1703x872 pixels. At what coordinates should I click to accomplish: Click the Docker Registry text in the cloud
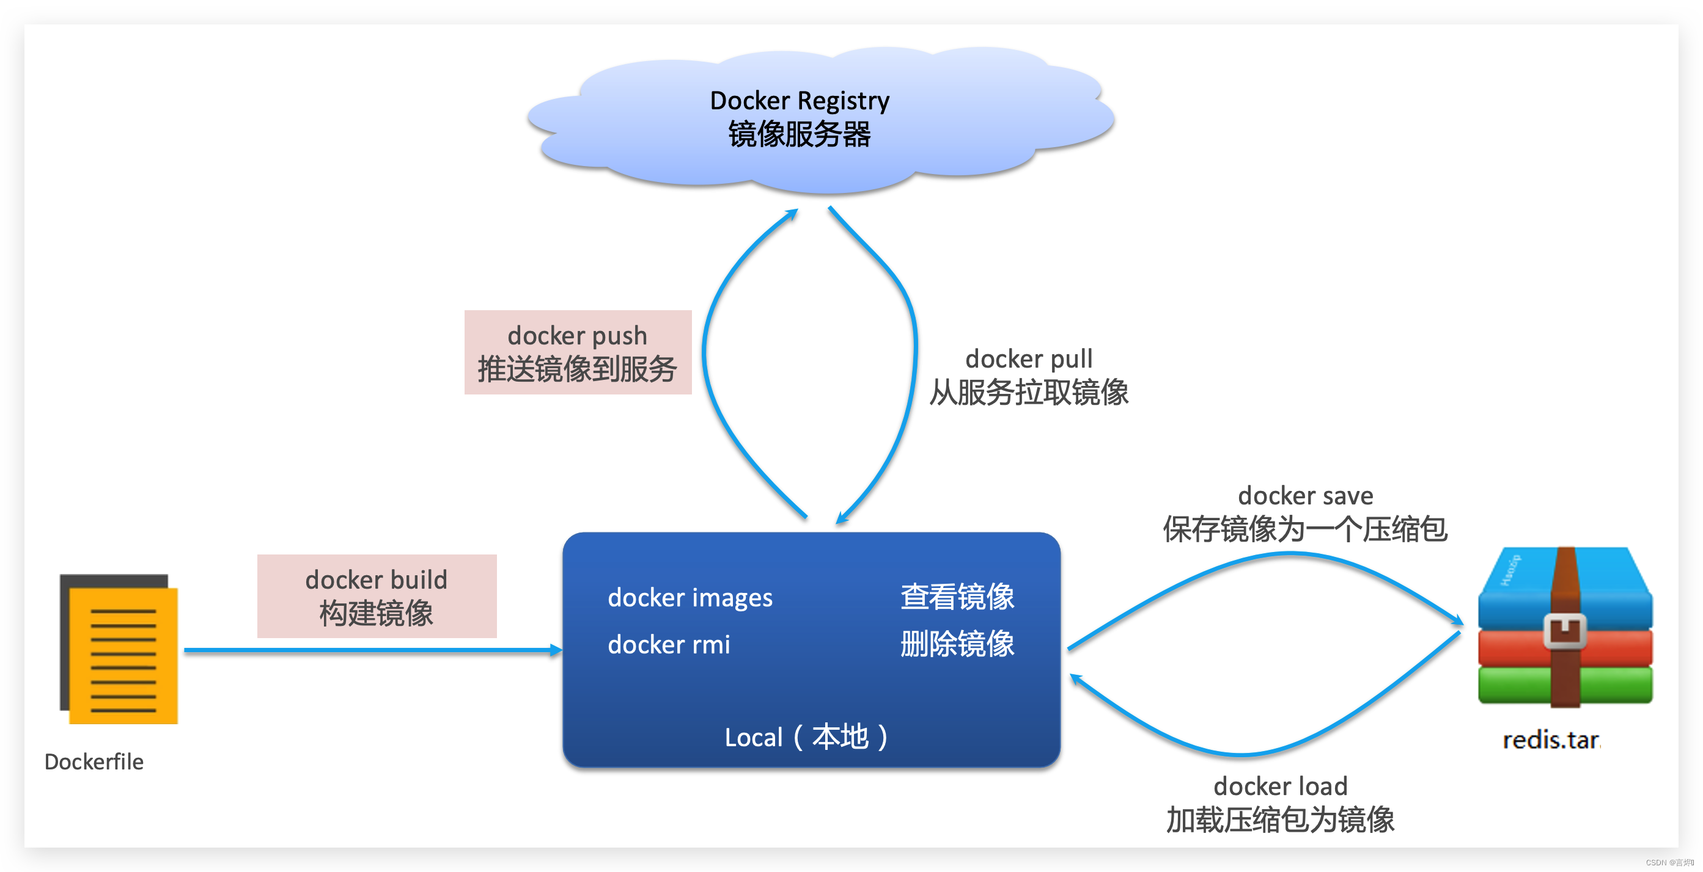point(800,100)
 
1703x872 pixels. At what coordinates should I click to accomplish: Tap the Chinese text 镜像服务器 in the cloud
point(800,135)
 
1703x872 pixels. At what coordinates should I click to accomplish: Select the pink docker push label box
point(578,352)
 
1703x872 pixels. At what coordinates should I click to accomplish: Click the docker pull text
point(1029,358)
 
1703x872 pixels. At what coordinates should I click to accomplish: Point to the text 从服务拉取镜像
point(1029,393)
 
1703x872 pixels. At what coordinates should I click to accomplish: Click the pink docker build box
point(377,596)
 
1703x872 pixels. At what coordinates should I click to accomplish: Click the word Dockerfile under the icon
point(94,761)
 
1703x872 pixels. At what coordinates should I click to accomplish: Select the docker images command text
point(690,598)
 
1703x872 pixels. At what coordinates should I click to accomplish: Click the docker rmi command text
point(668,645)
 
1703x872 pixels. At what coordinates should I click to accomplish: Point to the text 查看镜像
point(957,597)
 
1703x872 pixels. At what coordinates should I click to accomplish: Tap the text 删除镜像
point(957,644)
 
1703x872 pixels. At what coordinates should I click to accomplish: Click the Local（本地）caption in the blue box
point(806,737)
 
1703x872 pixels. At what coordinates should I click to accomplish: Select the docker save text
point(1305,495)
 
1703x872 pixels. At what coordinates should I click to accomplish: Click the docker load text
point(1280,786)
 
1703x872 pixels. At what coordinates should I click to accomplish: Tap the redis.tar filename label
point(1550,741)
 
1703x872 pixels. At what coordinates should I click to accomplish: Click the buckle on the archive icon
point(1564,631)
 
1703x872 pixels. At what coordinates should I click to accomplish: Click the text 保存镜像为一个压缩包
point(1305,530)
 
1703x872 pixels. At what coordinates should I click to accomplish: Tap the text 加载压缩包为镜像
point(1280,821)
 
